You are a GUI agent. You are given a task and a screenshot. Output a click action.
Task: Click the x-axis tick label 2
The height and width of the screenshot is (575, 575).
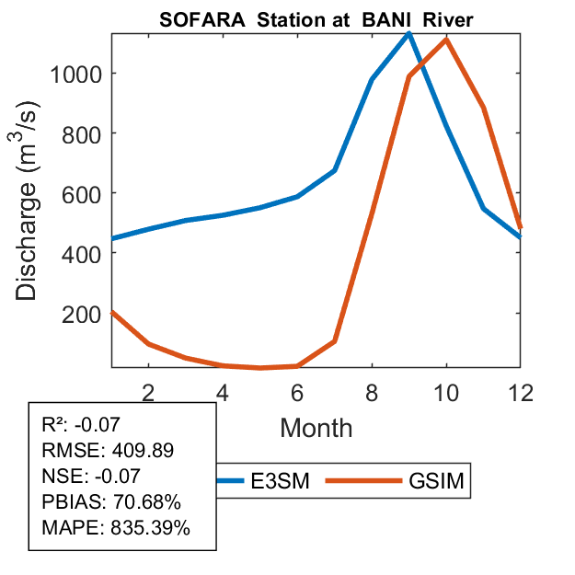(148, 390)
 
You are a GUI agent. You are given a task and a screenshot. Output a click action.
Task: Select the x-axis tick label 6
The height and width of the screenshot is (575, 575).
(297, 390)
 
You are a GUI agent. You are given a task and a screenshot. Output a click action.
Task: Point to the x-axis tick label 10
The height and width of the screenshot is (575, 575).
(446, 390)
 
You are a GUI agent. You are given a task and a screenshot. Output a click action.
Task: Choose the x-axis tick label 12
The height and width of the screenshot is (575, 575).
(521, 390)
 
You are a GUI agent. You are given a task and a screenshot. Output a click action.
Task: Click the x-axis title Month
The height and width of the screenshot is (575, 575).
(316, 427)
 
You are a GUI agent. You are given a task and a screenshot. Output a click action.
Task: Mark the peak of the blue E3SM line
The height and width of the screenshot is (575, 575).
(408, 33)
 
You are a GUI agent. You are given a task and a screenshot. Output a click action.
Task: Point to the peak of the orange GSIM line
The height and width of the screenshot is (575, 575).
(446, 39)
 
